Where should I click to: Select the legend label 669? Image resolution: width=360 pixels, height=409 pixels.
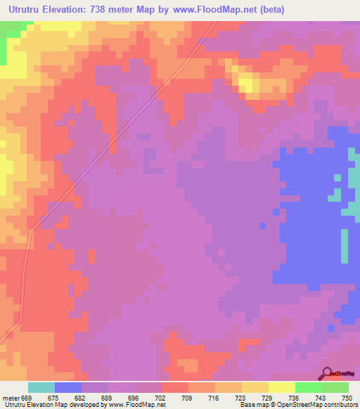coord(27,398)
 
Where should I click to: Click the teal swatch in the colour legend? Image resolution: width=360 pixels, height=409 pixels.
coord(41,387)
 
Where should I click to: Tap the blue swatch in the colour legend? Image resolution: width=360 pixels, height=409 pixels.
coord(68,387)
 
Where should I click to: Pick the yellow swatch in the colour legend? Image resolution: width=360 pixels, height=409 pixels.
coord(281,387)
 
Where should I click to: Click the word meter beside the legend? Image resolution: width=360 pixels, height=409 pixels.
coord(10,398)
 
